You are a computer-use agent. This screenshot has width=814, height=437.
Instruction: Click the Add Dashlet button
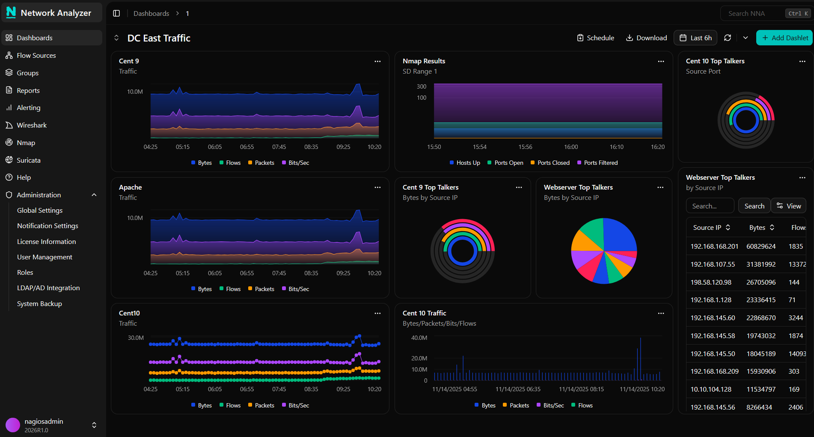point(784,38)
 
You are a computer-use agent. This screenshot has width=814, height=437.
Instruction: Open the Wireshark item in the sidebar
point(32,125)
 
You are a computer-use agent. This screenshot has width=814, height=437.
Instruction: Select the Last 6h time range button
point(695,38)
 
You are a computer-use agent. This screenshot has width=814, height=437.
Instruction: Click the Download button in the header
point(646,38)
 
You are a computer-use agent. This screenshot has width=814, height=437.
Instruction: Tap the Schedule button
point(595,38)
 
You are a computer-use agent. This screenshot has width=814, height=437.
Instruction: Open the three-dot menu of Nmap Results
point(661,61)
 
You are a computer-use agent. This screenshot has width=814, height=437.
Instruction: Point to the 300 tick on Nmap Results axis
point(422,86)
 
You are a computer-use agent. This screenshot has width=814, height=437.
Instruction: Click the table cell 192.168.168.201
point(714,246)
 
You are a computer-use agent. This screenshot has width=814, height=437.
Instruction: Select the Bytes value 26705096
point(761,282)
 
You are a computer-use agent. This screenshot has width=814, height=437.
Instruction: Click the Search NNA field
point(753,13)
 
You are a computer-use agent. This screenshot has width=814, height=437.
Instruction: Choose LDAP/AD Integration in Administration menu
point(48,288)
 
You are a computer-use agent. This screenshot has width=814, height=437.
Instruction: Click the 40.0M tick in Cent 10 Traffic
point(419,338)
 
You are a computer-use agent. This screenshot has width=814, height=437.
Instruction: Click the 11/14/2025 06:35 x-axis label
point(518,389)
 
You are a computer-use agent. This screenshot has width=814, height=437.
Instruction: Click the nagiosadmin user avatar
point(13,425)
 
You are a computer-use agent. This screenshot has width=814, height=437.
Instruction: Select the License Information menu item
point(46,241)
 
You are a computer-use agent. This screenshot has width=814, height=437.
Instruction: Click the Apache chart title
point(130,187)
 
